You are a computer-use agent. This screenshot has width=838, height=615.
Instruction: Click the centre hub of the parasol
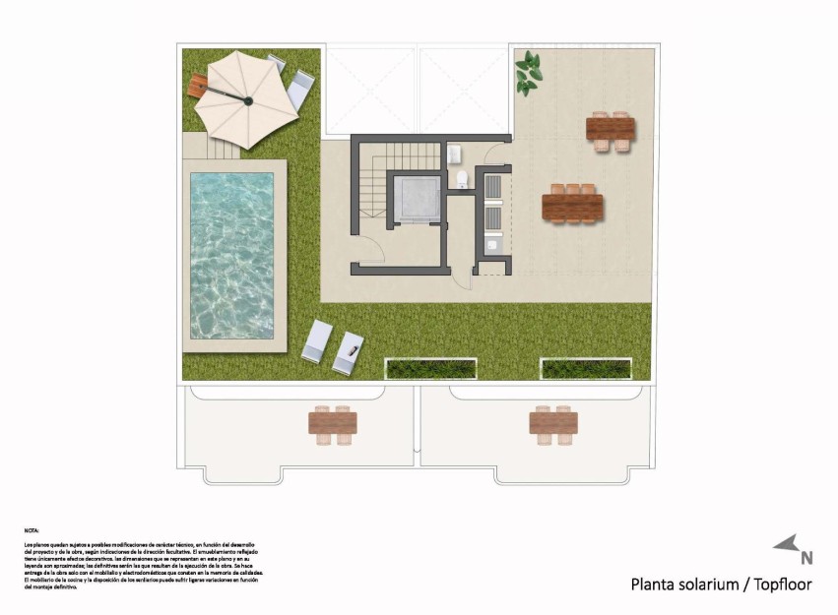(x=248, y=100)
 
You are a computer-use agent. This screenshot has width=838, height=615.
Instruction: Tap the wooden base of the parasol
(x=199, y=86)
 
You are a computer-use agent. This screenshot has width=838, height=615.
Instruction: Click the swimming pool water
(x=232, y=256)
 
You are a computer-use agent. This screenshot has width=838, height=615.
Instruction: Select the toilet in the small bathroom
(x=463, y=178)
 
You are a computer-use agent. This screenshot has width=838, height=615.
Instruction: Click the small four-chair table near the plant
(x=611, y=129)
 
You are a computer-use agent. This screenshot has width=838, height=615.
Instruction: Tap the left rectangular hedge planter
(x=431, y=369)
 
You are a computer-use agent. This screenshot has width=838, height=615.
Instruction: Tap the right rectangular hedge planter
(x=586, y=369)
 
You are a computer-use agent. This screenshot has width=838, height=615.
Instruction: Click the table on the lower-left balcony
(x=333, y=422)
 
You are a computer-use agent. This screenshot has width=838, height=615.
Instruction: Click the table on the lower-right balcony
(x=553, y=422)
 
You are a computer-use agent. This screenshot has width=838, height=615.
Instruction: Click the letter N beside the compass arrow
(x=806, y=558)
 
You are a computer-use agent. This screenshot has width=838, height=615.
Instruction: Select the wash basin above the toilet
(x=455, y=154)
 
